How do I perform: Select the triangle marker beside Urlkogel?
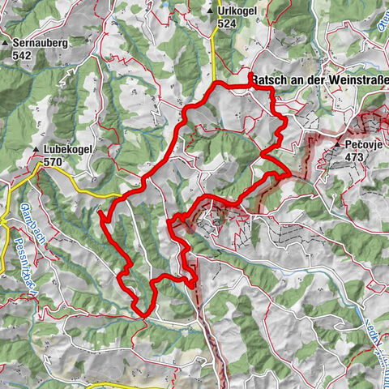[210, 11]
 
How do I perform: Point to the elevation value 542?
[22, 56]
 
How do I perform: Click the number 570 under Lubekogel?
[53, 162]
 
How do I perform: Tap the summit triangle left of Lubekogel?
[36, 151]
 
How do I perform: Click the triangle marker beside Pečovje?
[338, 143]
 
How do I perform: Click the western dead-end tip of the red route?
[100, 213]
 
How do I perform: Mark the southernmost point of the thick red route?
[143, 314]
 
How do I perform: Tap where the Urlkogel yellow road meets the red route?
[214, 85]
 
